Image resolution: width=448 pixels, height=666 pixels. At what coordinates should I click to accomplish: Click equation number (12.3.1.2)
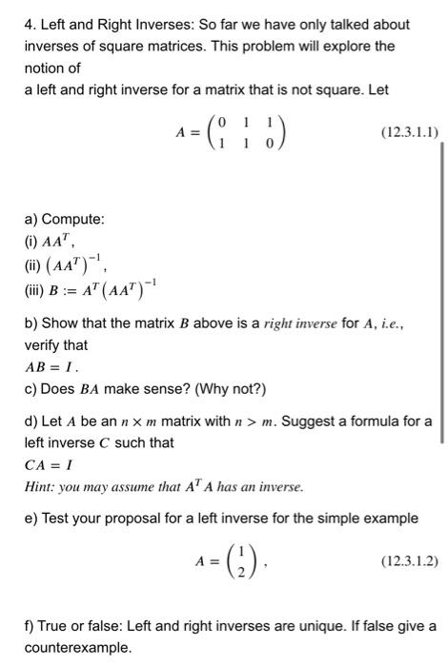[x=409, y=561]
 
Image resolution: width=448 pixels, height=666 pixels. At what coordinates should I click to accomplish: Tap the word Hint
[x=39, y=488]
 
